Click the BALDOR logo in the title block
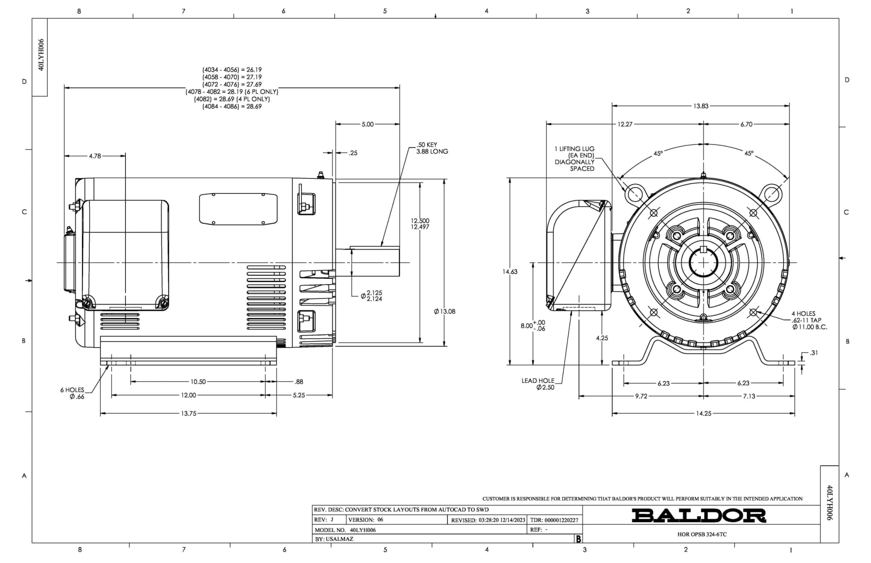coord(698,515)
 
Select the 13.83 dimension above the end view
coord(700,106)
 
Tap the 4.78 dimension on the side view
coord(95,156)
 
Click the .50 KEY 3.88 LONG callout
coord(432,148)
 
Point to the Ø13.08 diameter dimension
coord(445,311)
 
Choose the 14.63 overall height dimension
coord(510,272)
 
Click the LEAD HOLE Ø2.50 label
coord(539,384)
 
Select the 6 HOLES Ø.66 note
coord(73,393)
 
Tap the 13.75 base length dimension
coord(188,413)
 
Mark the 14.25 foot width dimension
coord(703,413)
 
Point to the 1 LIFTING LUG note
coord(575,158)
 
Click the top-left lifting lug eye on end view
coord(634,194)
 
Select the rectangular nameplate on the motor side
coord(238,209)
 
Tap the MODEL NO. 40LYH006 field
coord(345,530)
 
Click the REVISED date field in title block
coord(488,520)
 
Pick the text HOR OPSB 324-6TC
coord(702,535)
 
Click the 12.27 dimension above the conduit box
coord(625,124)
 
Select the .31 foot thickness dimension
coord(813,353)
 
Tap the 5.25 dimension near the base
coord(299,395)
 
